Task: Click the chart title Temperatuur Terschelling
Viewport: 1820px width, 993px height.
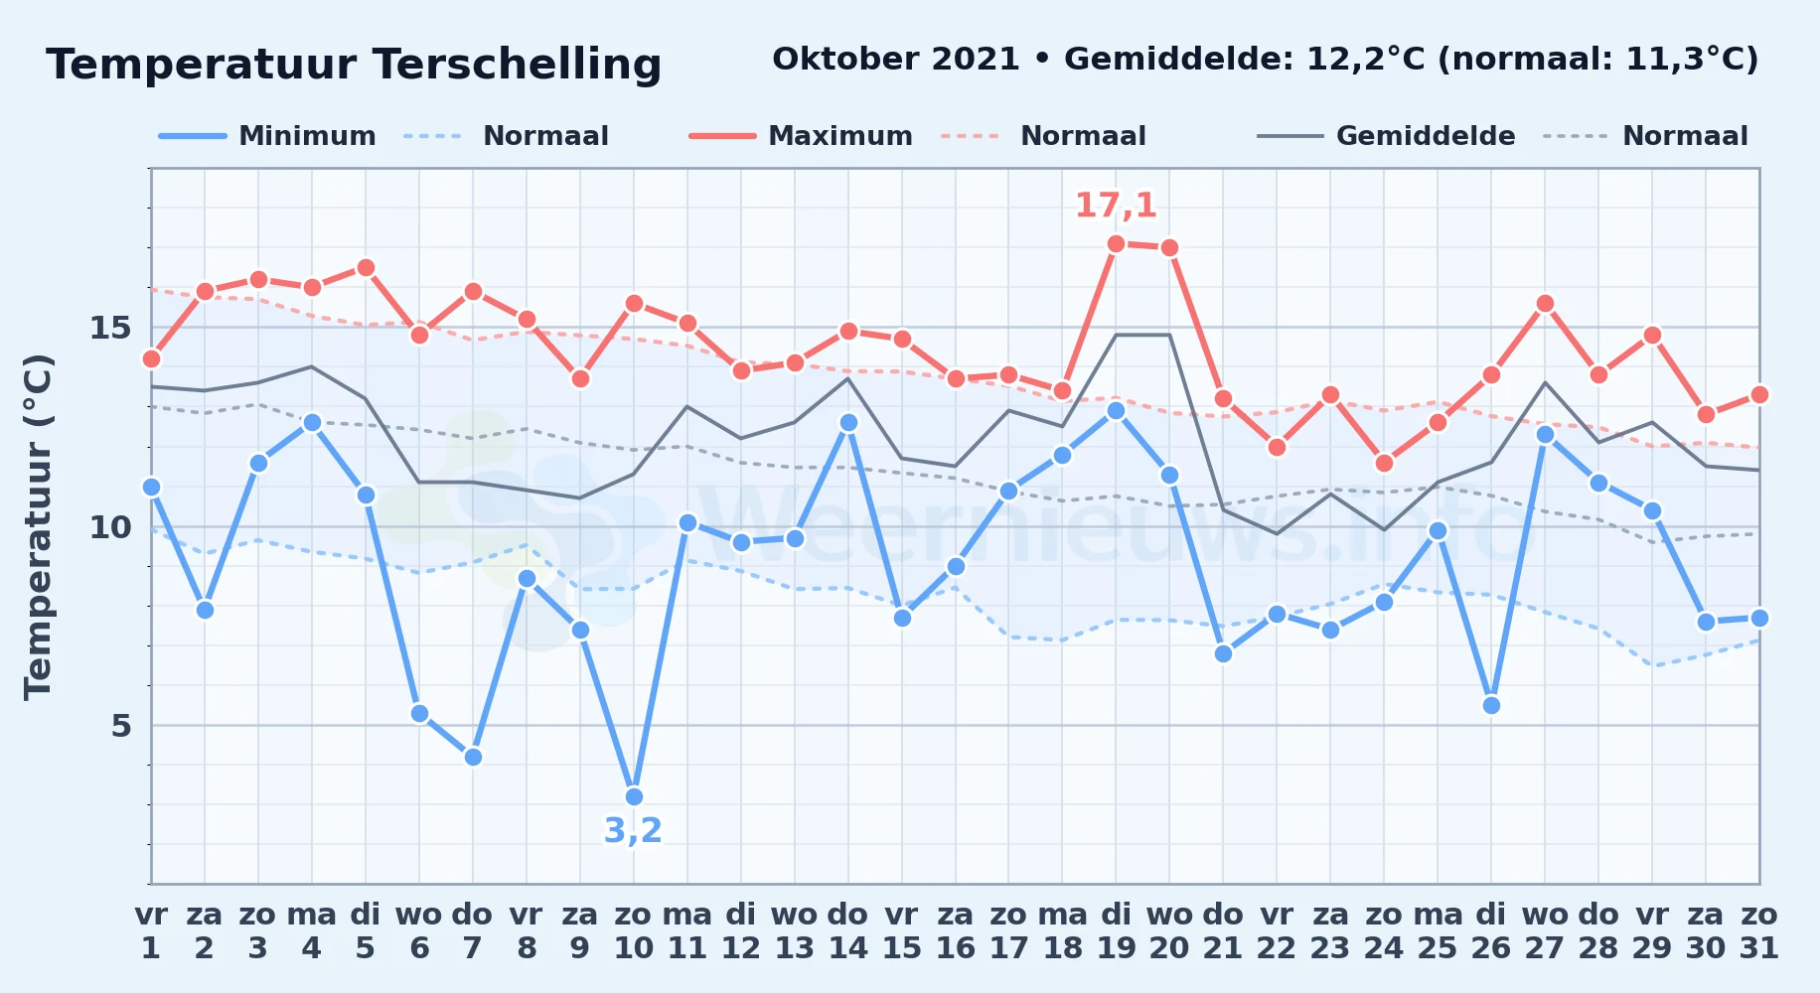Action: (354, 65)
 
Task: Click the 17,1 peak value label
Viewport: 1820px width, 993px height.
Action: (1116, 206)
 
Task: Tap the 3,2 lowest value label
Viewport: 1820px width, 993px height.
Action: (633, 830)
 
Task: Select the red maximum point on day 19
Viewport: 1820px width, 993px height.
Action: (1116, 243)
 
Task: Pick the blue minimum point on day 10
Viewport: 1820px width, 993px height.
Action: (634, 796)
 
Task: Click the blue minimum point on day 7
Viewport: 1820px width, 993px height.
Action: (473, 757)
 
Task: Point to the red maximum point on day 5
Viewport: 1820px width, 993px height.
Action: (366, 267)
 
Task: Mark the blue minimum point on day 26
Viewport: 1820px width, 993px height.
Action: (1491, 705)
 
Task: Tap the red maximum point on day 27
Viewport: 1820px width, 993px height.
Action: (1545, 303)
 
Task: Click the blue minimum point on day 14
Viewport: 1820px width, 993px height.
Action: (848, 422)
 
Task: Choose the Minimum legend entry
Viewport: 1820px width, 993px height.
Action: (268, 136)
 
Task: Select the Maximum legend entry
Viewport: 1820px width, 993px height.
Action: (801, 136)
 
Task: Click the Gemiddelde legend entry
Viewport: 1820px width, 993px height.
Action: (1387, 136)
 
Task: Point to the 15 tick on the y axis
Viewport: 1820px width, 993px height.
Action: (110, 328)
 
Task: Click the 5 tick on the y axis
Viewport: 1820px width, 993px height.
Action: (121, 726)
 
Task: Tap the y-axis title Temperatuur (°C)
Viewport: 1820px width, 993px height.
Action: (38, 526)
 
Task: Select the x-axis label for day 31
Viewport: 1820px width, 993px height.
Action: (1759, 931)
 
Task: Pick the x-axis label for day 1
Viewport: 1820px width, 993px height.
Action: (151, 931)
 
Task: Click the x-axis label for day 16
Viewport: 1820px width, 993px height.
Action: (956, 931)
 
